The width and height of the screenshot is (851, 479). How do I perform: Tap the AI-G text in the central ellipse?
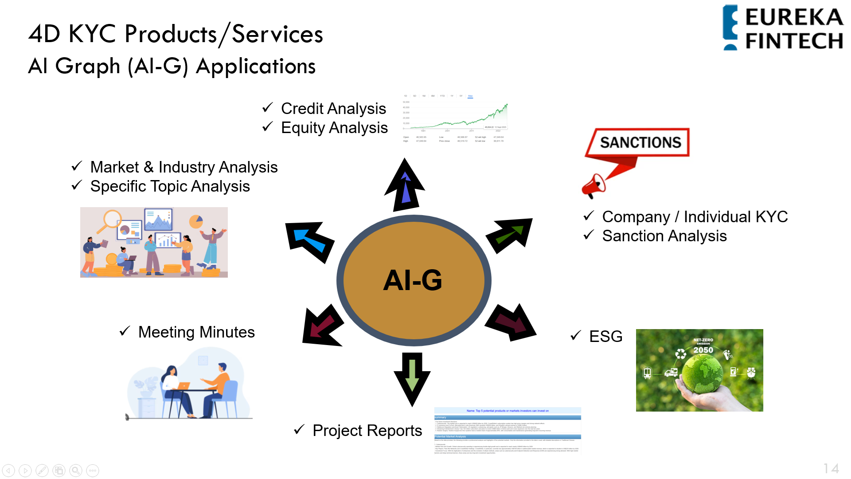[413, 280]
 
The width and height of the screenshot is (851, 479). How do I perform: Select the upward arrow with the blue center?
[405, 185]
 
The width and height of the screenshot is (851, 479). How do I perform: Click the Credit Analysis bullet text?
[333, 109]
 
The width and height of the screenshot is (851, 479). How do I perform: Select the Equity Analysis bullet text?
[334, 128]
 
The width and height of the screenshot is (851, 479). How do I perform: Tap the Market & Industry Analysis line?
[183, 167]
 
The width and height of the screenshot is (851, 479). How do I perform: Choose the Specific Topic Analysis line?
[170, 186]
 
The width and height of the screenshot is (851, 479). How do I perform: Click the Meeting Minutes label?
[196, 332]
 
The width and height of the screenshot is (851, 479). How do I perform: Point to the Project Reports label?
[367, 431]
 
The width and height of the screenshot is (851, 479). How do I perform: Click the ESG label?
[605, 337]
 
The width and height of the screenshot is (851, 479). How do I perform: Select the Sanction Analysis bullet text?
[664, 236]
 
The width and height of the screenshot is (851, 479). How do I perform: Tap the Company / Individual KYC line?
[695, 217]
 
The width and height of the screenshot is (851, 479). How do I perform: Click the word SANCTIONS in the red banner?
[640, 142]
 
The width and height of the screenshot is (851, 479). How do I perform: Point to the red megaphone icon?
[593, 186]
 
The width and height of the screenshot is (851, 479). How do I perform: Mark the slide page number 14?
[831, 469]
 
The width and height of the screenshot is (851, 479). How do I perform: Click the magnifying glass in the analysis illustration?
[111, 220]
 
